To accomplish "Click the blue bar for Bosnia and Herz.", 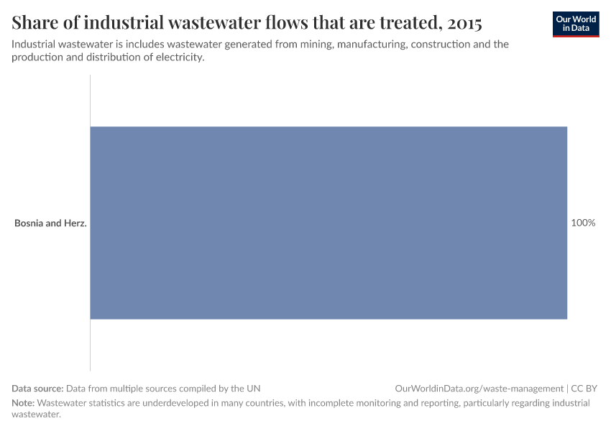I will [x=329, y=223].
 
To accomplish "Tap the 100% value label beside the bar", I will [x=583, y=223].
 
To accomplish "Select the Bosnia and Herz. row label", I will [x=50, y=223].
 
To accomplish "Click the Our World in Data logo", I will [x=576, y=24].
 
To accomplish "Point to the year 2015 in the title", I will [x=464, y=23].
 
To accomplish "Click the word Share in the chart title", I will [x=36, y=23].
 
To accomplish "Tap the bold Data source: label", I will [x=37, y=388].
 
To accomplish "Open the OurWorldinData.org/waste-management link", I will [x=479, y=388].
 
